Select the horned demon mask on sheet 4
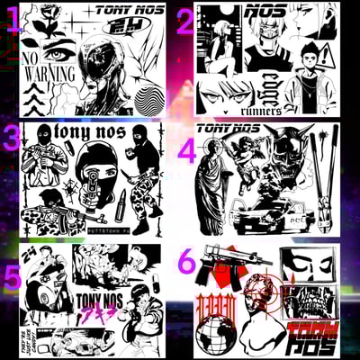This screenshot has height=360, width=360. (300, 153)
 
